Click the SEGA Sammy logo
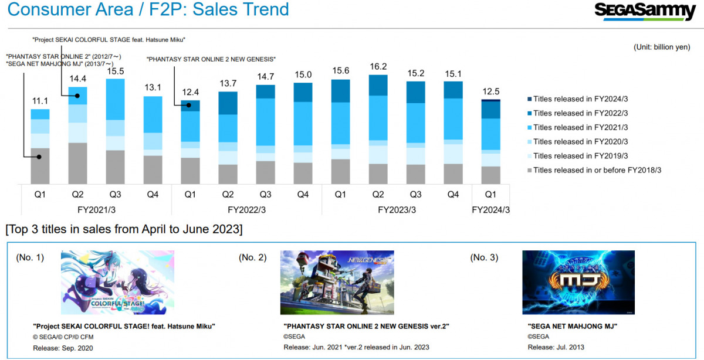(x=645, y=11)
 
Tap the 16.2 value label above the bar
(x=378, y=66)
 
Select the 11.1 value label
(x=40, y=100)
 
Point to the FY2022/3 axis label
(x=246, y=209)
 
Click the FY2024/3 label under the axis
(x=491, y=209)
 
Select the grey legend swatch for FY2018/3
(x=529, y=170)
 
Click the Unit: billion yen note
(x=662, y=47)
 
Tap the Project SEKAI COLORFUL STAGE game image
(x=117, y=283)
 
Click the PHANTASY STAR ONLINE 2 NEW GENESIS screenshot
(x=337, y=283)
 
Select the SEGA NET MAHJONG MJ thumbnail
(x=578, y=283)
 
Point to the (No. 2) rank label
(x=253, y=257)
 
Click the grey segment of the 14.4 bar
(x=78, y=163)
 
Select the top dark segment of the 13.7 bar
(x=228, y=103)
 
